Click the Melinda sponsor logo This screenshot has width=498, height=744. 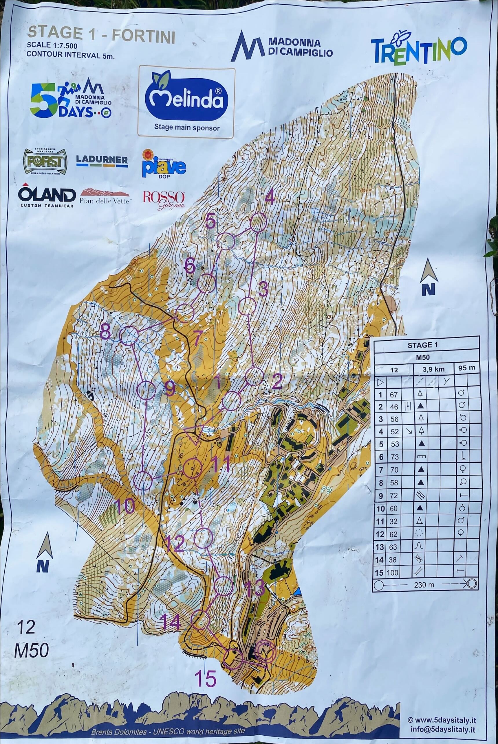coord(186,101)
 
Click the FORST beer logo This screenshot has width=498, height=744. coord(45,161)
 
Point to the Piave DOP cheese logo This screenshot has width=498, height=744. coord(164,164)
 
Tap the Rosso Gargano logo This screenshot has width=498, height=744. coord(164,200)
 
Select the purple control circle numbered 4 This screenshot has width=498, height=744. coord(258,222)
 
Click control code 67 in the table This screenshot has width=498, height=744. coord(394,394)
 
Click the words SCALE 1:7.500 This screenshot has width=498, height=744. coord(52,45)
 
